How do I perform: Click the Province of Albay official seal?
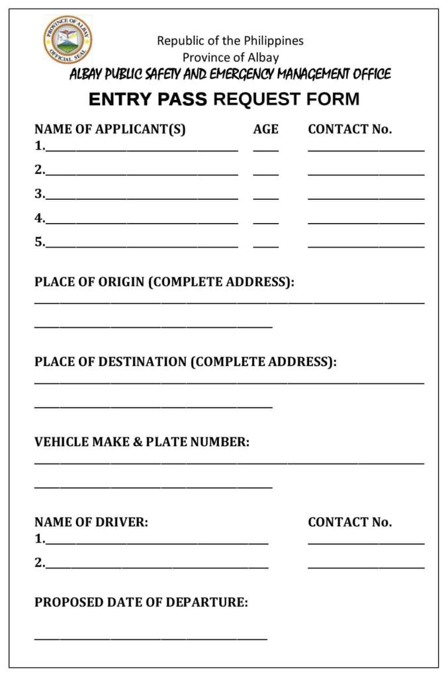coord(68,40)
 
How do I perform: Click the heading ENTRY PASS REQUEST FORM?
coord(224,100)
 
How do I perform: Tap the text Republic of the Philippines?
coord(230,41)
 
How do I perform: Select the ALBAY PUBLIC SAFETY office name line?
coord(230,74)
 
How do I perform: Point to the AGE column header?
coord(265,130)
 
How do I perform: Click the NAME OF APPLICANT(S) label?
coord(110,130)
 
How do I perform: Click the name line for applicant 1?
coord(142,148)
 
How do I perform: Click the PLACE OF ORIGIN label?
coord(164,283)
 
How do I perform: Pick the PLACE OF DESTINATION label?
coord(185,362)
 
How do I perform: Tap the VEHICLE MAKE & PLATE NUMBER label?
coord(142,442)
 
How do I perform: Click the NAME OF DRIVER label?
coord(91,522)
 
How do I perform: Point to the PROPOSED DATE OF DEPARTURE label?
coord(141,603)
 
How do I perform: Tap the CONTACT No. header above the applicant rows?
coord(349,130)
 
